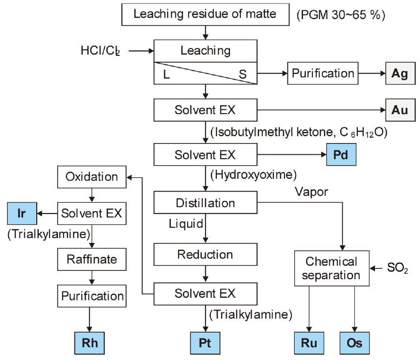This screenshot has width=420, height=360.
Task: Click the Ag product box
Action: (x=400, y=73)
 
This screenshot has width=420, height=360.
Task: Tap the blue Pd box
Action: (x=341, y=155)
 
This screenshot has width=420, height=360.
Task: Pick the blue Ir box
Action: (x=22, y=214)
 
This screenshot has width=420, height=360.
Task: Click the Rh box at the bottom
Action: (x=90, y=342)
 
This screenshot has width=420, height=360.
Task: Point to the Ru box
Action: (x=309, y=342)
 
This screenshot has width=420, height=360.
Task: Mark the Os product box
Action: (x=354, y=342)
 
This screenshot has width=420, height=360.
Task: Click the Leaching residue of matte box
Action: (x=205, y=14)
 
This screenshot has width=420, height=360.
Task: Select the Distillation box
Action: (x=205, y=203)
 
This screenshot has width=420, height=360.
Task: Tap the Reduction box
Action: (x=205, y=255)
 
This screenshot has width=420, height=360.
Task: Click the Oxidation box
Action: (x=92, y=177)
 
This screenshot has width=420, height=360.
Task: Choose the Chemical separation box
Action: (x=331, y=268)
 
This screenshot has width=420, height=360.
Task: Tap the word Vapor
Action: (x=311, y=192)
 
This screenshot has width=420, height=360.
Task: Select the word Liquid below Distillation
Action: (x=186, y=224)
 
